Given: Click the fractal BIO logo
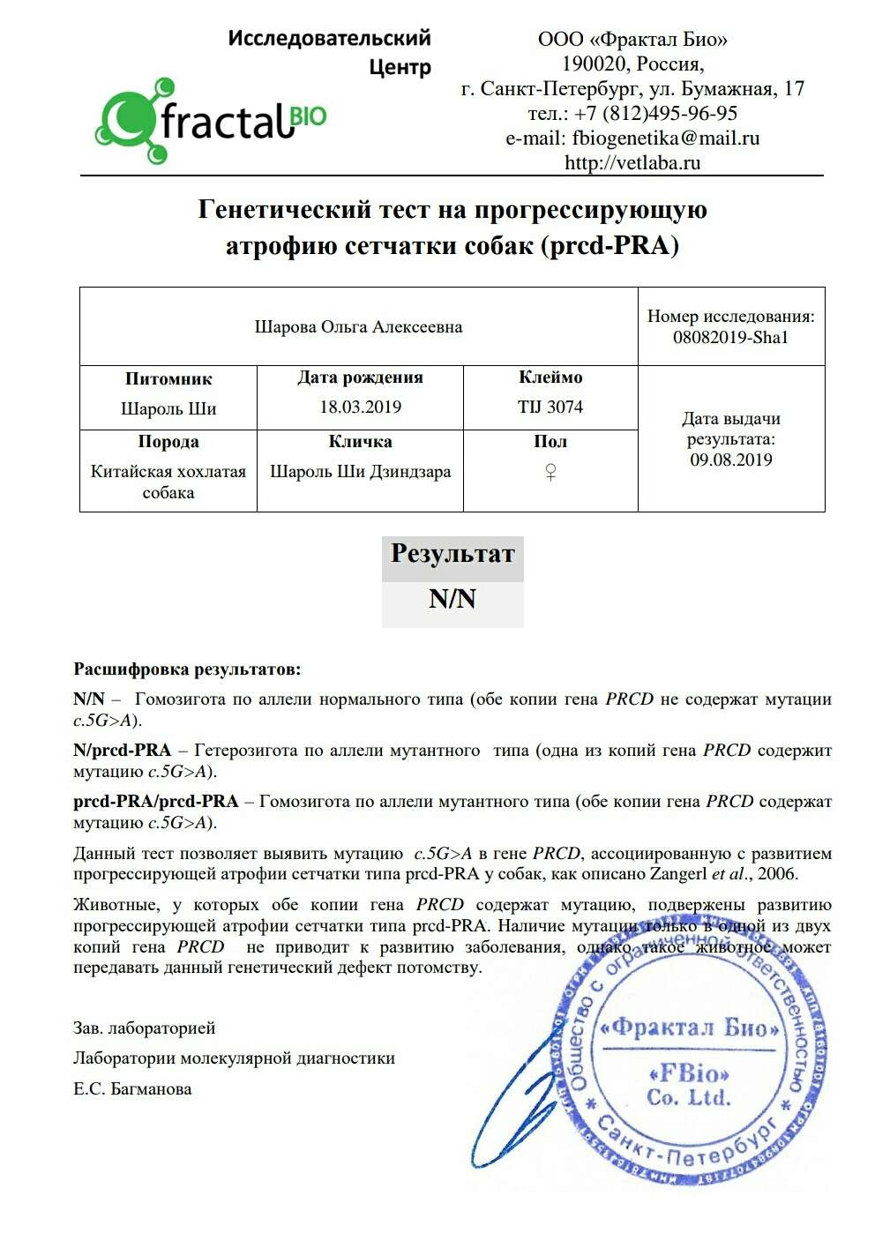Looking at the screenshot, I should click(x=210, y=121).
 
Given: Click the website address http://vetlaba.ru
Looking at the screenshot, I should click(x=632, y=162).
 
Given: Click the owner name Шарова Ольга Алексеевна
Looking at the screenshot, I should click(x=358, y=326).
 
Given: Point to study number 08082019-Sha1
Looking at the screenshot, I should click(x=730, y=337).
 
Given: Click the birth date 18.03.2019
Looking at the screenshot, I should click(x=360, y=407).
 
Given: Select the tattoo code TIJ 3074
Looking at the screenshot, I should click(x=550, y=407).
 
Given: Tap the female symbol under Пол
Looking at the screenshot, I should click(x=550, y=473).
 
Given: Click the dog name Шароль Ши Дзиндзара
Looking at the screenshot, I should click(x=360, y=471).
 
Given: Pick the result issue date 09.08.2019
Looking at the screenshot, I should click(x=730, y=460).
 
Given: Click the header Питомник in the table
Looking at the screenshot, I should click(x=168, y=378).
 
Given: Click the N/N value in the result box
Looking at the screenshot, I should click(x=452, y=599).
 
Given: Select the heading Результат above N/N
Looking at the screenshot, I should click(x=452, y=554).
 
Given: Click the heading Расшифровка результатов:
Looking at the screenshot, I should click(x=187, y=669).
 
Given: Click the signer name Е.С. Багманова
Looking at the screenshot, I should click(x=132, y=1088).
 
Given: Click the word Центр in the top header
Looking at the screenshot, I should click(x=400, y=67).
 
